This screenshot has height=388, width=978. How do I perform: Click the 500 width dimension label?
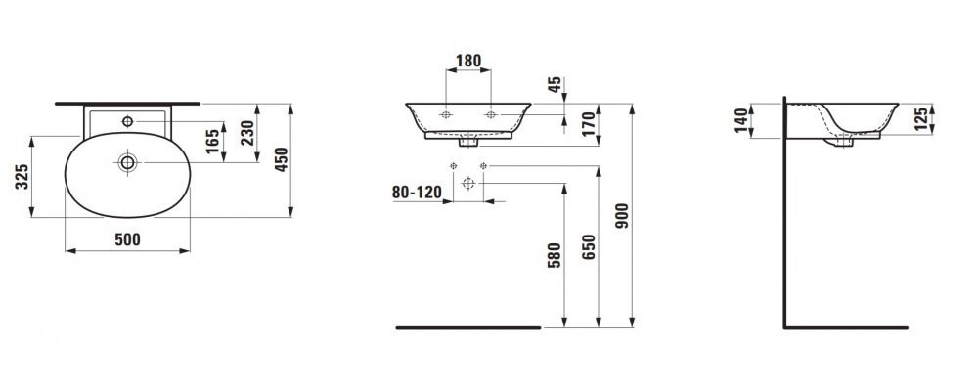[127, 238]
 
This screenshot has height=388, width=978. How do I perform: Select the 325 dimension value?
[22, 177]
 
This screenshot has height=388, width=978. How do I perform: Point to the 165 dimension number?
[213, 141]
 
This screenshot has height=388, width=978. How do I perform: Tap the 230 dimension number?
[247, 133]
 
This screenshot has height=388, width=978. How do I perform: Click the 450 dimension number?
[282, 159]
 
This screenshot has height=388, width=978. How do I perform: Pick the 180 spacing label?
[468, 61]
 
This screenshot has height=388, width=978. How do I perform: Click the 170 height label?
[588, 124]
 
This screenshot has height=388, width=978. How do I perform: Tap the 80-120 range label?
[416, 192]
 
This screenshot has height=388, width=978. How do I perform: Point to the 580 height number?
[555, 255]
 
